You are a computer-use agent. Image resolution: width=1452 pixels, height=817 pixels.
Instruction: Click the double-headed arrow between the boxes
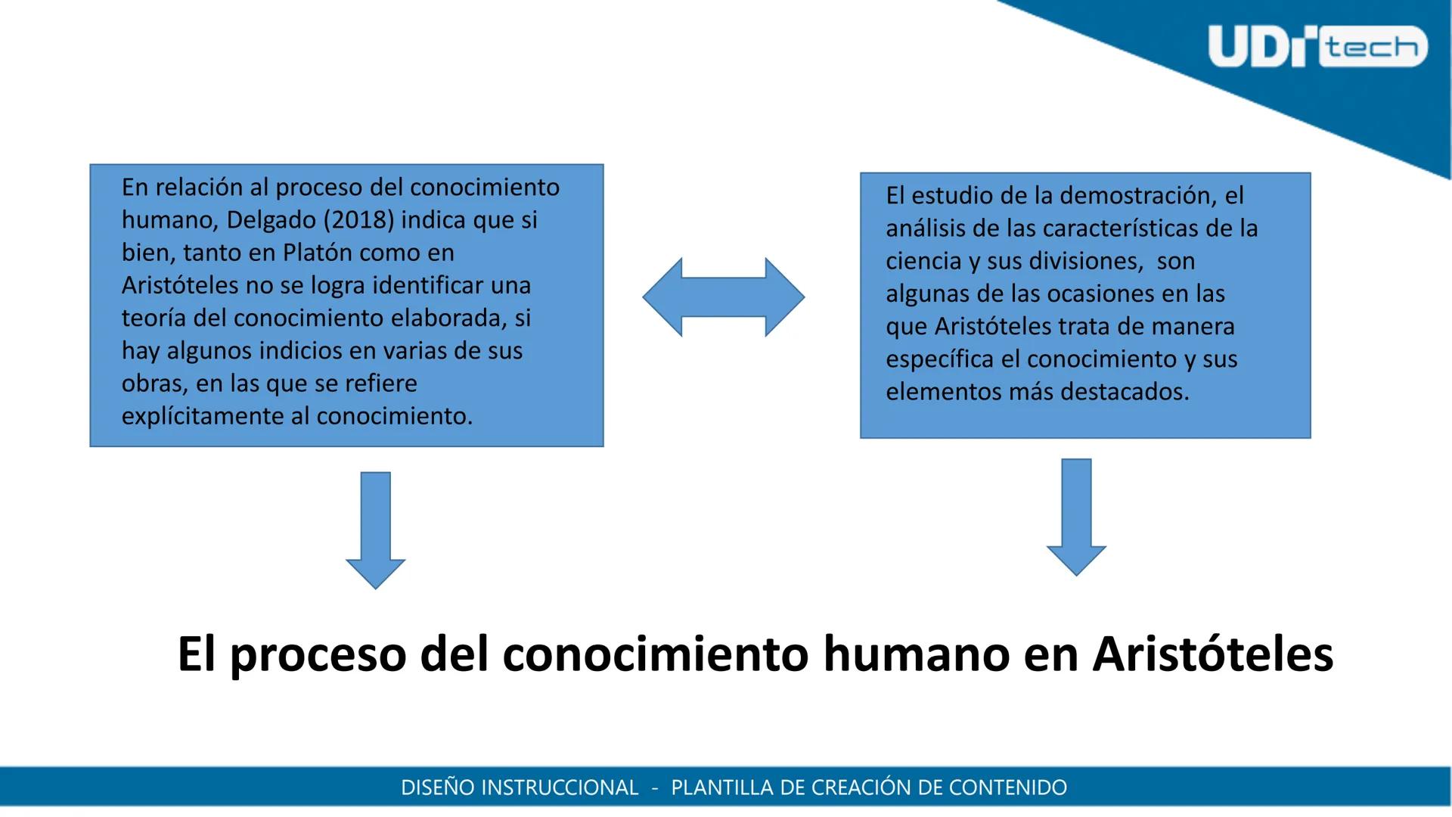click(723, 297)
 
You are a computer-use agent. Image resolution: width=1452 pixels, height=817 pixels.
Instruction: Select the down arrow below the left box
click(375, 530)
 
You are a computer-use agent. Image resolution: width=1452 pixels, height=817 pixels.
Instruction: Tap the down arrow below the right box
click(1076, 517)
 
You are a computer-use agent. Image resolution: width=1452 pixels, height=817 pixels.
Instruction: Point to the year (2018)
click(359, 220)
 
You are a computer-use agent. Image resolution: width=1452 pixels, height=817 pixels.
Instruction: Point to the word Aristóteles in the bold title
click(1213, 654)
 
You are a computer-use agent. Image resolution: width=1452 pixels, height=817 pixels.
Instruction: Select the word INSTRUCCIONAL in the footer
click(560, 787)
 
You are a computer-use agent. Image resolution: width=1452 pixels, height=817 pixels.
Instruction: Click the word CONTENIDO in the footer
click(1008, 787)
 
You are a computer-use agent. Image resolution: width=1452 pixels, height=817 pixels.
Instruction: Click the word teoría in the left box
click(154, 318)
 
